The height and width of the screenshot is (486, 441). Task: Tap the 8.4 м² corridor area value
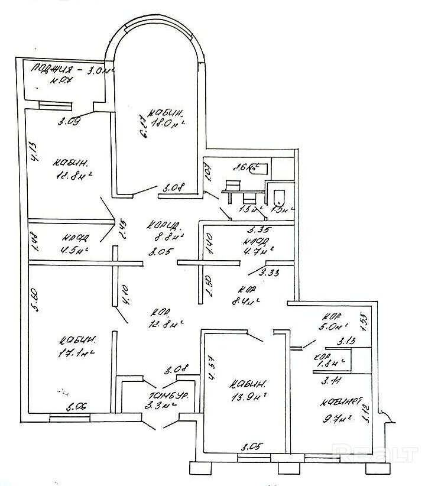[247, 301]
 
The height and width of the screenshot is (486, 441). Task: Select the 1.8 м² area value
[324, 364]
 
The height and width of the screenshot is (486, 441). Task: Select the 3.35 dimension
[255, 231]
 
